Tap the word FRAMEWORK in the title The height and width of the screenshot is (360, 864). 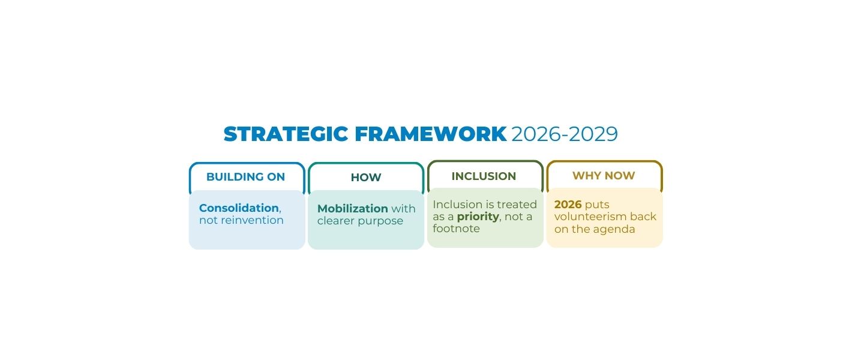(430, 134)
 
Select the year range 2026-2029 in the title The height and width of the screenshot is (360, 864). (564, 134)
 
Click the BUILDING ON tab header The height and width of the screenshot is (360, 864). (245, 177)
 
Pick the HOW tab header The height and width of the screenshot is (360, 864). (365, 178)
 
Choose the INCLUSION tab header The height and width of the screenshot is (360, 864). (484, 176)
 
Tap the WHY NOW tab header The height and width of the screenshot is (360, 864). (604, 176)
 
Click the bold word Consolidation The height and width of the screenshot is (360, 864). (239, 208)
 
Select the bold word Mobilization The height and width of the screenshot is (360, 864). (353, 209)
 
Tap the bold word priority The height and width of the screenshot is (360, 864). (478, 217)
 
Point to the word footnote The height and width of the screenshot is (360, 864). (456, 229)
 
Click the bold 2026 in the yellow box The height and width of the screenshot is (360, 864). (568, 205)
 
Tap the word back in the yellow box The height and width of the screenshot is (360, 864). (643, 217)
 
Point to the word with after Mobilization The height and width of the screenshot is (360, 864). (403, 209)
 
